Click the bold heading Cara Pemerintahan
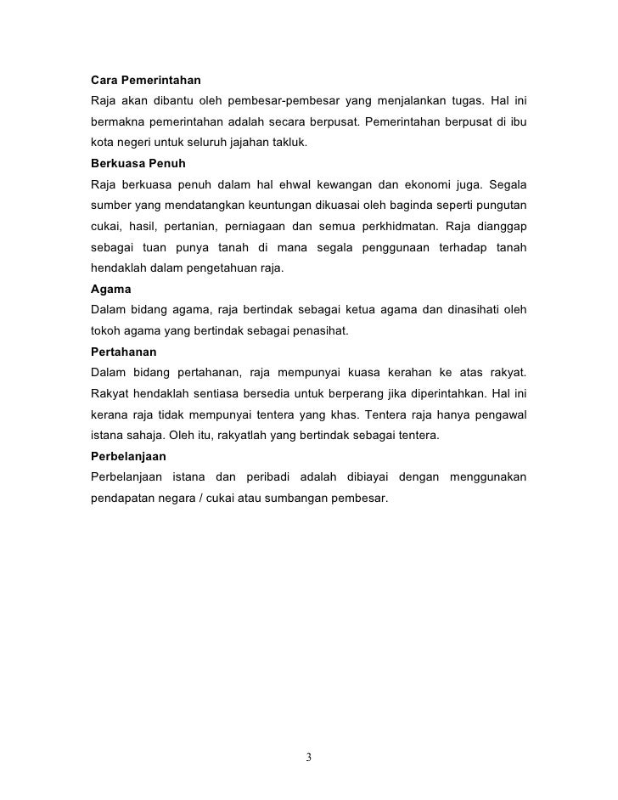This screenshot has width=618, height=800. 145,81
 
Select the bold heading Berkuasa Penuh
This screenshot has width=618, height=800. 138,162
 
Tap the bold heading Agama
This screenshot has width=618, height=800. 110,288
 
